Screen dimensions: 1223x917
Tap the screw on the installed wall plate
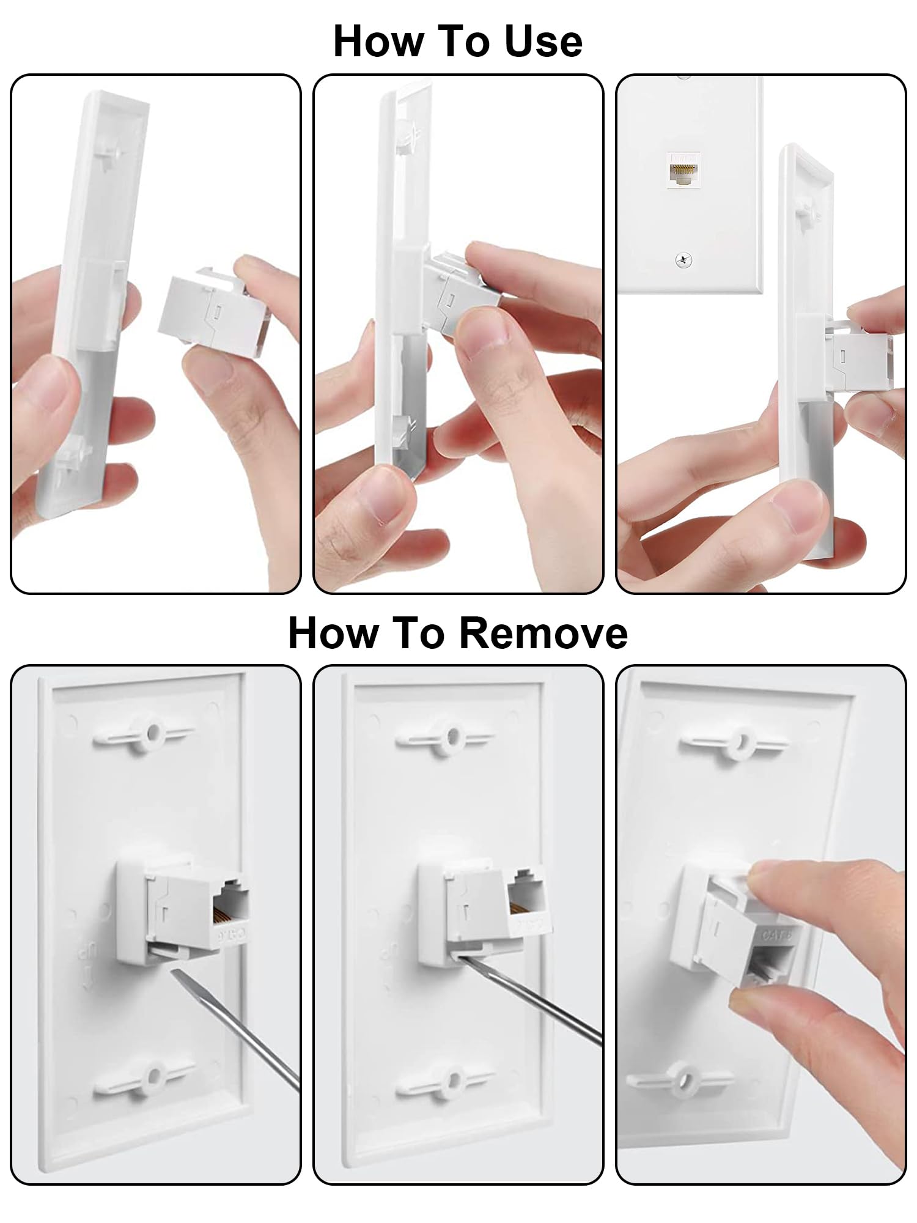click(683, 260)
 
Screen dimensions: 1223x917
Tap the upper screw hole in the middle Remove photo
click(453, 734)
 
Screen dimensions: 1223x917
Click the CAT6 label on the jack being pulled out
click(776, 936)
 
